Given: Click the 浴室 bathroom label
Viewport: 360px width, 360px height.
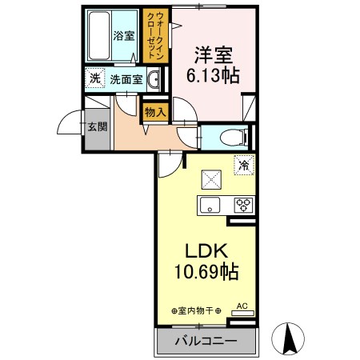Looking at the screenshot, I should click(x=123, y=36).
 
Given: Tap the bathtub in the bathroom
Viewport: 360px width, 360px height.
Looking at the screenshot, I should click(x=99, y=36).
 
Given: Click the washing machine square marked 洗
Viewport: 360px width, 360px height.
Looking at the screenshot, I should click(x=94, y=78).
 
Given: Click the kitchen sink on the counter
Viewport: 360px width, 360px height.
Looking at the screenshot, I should click(x=210, y=204).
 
